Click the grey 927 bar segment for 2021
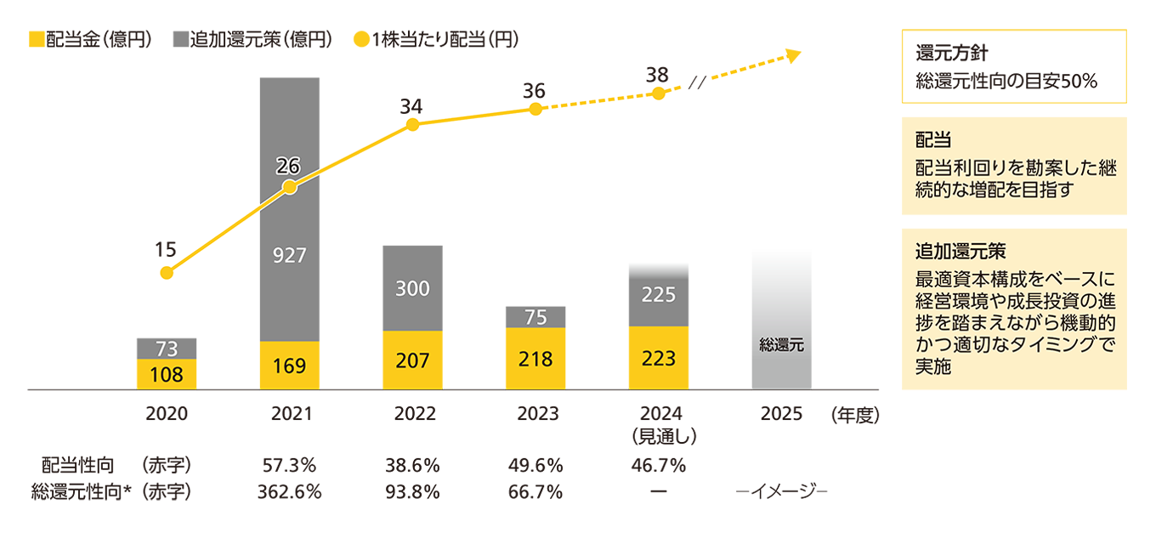tap(290, 255)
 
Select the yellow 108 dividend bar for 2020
tap(167, 374)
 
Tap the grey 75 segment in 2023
tap(535, 316)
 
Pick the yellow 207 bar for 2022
tap(412, 360)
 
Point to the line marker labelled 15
tap(167, 273)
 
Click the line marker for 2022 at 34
tap(412, 124)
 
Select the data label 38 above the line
tap(656, 75)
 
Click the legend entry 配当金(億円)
tap(90, 39)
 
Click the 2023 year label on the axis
tap(538, 414)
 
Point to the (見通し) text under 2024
tap(660, 435)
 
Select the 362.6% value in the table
tap(290, 492)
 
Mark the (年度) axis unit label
tap(853, 415)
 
